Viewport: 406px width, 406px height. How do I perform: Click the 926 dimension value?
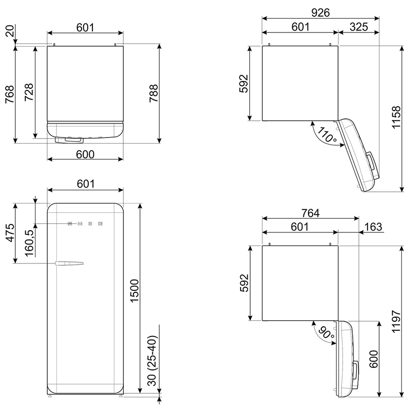point(320,12)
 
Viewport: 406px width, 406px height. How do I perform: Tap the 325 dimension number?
point(359,27)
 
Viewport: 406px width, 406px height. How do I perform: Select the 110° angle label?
point(326,134)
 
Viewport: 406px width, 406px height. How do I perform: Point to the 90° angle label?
point(326,333)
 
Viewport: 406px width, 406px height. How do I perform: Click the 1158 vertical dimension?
point(396,117)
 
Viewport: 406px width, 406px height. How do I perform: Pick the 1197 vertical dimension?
point(396,321)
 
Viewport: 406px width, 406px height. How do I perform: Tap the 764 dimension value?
point(311,213)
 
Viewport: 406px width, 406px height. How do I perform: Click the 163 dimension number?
point(373,227)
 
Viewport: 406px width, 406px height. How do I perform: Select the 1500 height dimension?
point(134,290)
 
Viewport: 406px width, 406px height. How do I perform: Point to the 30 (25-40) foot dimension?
point(153,361)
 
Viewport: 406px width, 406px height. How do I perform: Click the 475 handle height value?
point(10,233)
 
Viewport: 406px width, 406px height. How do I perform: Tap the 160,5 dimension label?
point(29,243)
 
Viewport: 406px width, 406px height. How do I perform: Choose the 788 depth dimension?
point(154,93)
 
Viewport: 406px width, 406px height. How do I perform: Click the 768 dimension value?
point(10,94)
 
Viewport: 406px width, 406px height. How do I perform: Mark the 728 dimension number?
point(29,92)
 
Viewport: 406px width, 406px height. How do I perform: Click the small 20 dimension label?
point(10,31)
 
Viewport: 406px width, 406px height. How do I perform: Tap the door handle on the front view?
point(69,263)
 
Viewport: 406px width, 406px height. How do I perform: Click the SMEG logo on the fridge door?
point(85,223)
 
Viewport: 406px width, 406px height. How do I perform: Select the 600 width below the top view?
point(85,154)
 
